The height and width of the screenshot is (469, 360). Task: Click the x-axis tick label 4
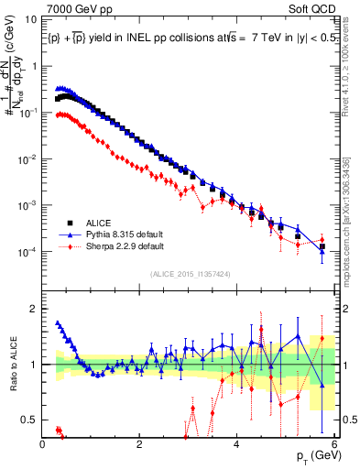coord(237,443)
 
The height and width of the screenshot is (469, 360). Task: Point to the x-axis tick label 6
coord(334,443)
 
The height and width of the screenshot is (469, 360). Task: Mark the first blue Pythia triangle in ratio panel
coord(57,322)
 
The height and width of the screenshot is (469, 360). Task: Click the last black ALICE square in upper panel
coord(322,245)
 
